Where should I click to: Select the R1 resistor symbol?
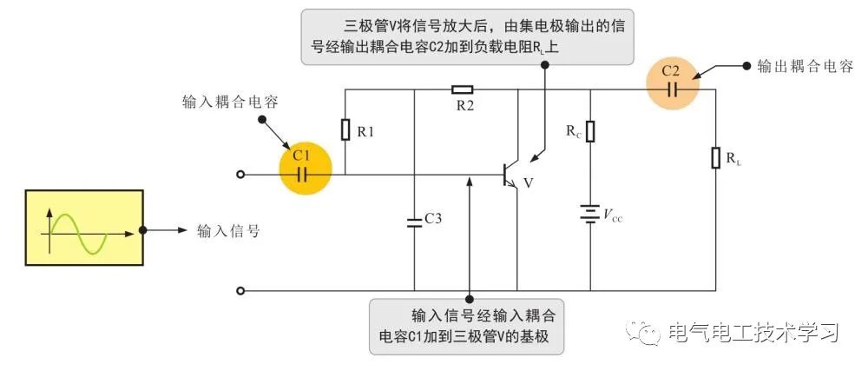click(345, 130)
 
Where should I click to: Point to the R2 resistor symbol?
click(463, 89)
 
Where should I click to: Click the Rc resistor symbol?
click(590, 132)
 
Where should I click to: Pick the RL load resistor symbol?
click(716, 158)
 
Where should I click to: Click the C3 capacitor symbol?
click(414, 220)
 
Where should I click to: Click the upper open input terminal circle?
click(240, 175)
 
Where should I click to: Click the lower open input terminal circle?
click(240, 290)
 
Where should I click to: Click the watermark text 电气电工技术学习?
click(753, 332)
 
